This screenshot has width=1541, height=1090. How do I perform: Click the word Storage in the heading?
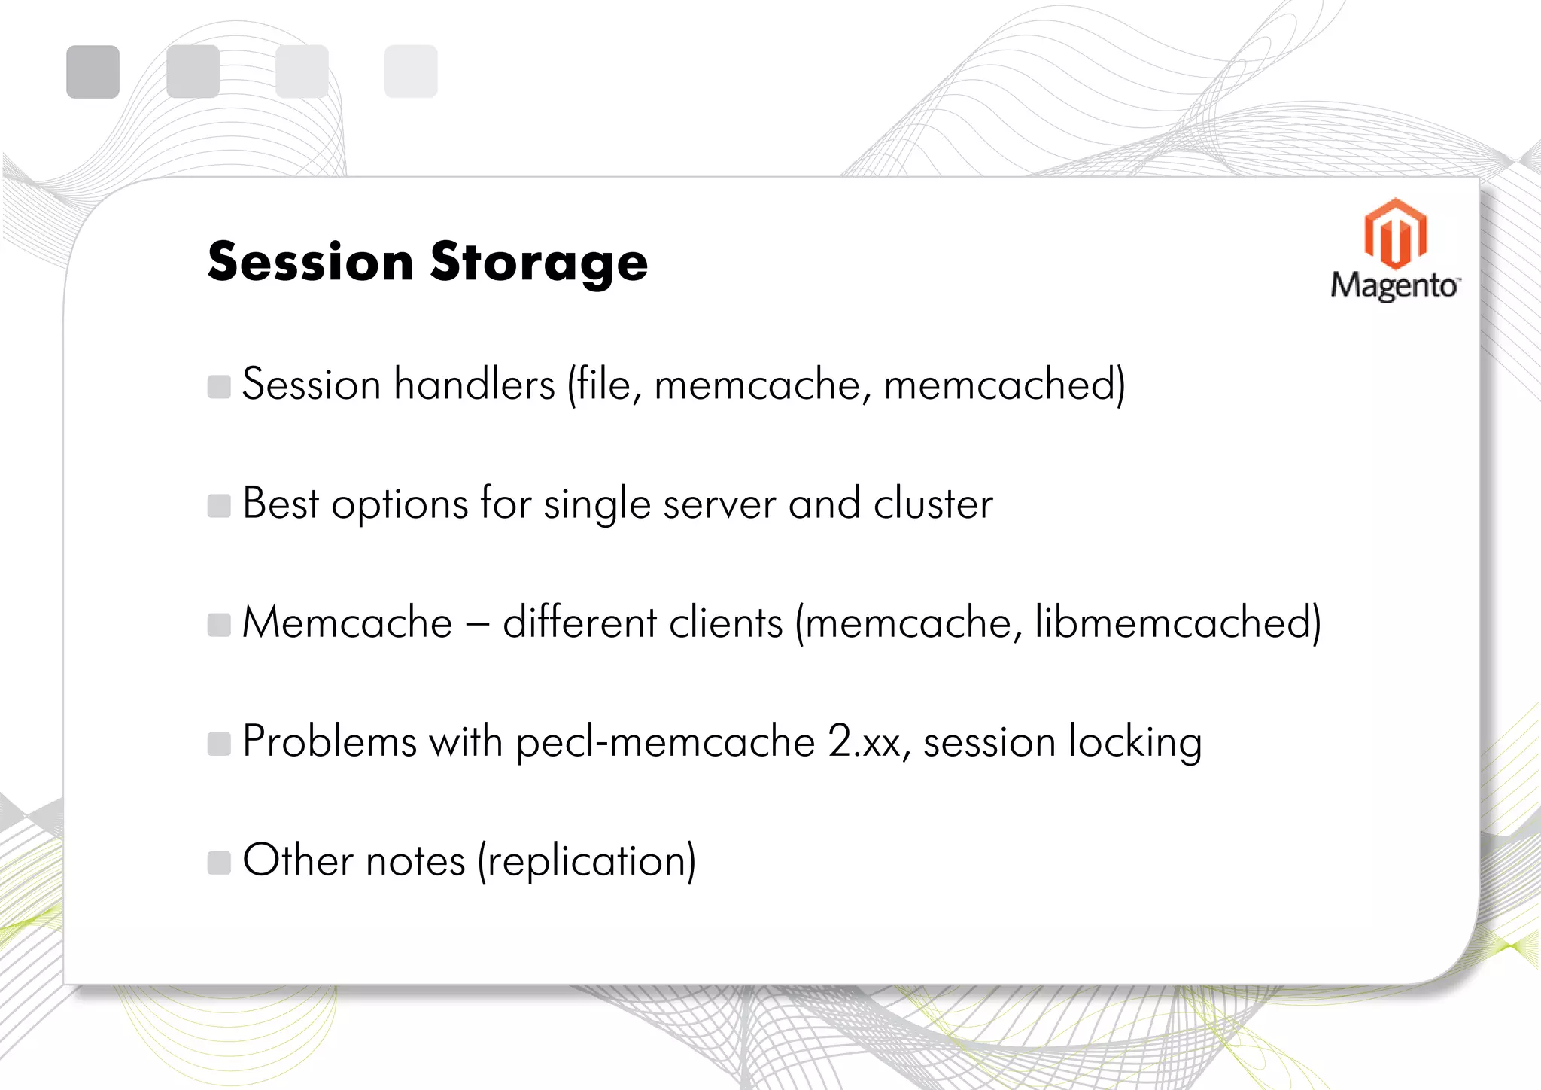tap(539, 263)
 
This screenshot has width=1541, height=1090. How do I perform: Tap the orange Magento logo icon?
tap(1395, 233)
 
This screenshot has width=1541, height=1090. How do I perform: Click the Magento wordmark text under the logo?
tap(1394, 287)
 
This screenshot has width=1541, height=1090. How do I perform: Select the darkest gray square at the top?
tap(93, 72)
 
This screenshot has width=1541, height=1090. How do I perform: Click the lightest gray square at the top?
tap(411, 72)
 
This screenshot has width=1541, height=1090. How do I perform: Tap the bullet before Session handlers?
tap(219, 387)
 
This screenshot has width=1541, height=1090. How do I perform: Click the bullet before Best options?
tap(219, 506)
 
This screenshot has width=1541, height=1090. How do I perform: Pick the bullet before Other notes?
tap(219, 863)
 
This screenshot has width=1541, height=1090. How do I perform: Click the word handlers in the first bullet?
tap(475, 385)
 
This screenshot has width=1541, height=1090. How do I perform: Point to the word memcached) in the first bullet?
tap(1005, 385)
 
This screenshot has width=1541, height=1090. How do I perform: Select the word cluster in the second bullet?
tap(933, 504)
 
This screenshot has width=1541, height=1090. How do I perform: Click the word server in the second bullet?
tap(719, 504)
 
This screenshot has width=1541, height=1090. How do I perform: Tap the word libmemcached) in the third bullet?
tap(1178, 623)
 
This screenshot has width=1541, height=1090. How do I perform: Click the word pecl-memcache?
tap(665, 743)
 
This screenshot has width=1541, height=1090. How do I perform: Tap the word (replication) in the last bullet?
tap(587, 861)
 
